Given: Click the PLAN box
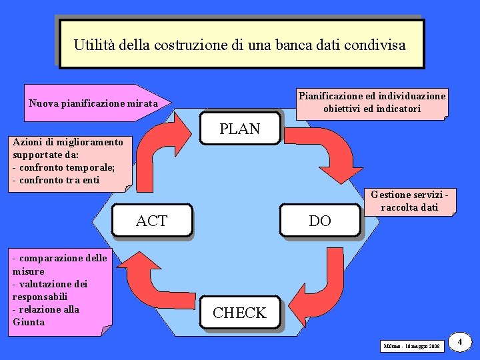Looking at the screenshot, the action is tap(240, 129).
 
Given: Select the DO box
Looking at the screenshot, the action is tap(320, 221).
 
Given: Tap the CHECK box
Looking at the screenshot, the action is tap(239, 313).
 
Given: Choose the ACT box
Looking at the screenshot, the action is tap(152, 221).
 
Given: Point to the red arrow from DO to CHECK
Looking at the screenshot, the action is tap(327, 287).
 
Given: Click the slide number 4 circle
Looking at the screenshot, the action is tap(460, 343).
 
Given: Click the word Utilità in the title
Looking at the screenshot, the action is tap(94, 45).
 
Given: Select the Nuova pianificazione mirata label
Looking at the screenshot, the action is tap(93, 103).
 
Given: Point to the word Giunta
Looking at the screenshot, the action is tap(29, 322).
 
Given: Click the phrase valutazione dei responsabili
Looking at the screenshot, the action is tap(50, 290).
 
